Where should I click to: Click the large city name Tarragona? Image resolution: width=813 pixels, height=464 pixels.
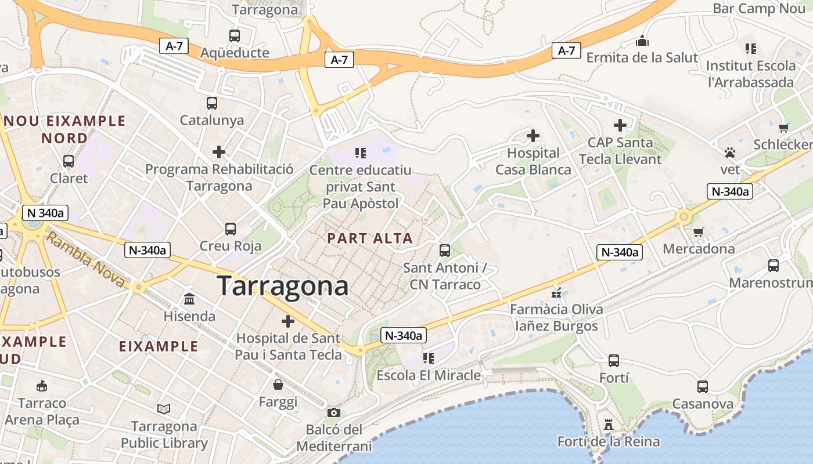pos(283,286)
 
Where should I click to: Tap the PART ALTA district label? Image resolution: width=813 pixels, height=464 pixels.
pos(370,238)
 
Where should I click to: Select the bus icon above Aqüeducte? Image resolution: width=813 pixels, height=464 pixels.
pos(235,36)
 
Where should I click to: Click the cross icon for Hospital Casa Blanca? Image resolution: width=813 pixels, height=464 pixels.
pos(533,136)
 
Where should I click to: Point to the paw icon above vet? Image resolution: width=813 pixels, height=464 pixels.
pos(730,153)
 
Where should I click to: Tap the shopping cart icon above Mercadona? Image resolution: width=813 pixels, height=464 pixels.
pos(699,232)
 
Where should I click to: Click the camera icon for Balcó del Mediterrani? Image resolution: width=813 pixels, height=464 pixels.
pos(334,412)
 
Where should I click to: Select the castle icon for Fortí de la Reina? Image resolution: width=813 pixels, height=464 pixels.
pos(609,425)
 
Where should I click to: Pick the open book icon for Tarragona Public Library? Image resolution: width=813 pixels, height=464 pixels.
pos(164,409)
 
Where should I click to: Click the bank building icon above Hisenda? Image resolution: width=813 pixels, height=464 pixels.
pos(189,299)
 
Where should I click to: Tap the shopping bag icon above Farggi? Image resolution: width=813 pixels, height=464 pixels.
pos(278,385)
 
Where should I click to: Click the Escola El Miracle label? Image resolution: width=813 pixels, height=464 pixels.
pos(429,375)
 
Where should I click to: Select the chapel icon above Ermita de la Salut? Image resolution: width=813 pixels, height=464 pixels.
pos(642,41)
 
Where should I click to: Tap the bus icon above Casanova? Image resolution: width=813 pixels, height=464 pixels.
pos(703,386)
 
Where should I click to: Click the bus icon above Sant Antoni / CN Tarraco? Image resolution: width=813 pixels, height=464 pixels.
pos(445,251)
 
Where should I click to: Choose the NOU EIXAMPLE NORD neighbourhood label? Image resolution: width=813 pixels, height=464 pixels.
pos(65,129)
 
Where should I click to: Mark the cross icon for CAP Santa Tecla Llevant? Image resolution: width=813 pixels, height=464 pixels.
pos(620,125)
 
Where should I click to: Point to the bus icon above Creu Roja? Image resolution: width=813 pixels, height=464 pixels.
pos(231,229)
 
